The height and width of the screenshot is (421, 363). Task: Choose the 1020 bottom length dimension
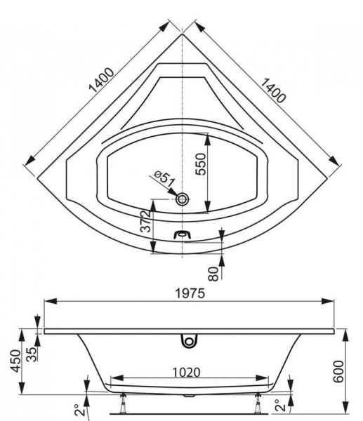pyautogui.click(x=187, y=371)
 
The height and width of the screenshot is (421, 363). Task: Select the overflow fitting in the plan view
pyautogui.click(x=183, y=234)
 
